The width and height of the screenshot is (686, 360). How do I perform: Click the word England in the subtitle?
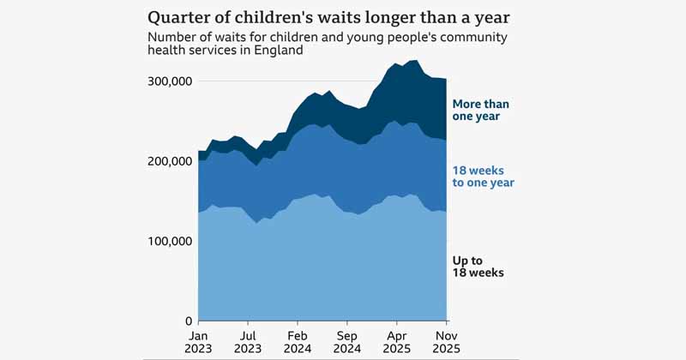pos(280,51)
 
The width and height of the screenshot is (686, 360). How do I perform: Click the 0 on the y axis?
pos(187,321)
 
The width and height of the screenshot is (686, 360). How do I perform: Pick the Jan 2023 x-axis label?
pos(198,342)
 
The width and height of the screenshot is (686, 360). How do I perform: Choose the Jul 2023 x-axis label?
pos(248,342)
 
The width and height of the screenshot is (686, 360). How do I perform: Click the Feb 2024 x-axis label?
pos(298,342)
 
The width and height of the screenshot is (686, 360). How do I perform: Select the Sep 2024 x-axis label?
pos(347,342)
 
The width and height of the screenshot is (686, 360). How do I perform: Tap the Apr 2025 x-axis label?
pos(397,342)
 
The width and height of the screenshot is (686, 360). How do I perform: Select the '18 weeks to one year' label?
pos(483,177)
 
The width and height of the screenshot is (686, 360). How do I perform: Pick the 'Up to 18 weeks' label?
pos(478,266)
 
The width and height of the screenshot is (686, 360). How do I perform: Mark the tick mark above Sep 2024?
pos(347,323)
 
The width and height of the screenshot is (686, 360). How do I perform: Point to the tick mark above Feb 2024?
pos(298,323)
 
